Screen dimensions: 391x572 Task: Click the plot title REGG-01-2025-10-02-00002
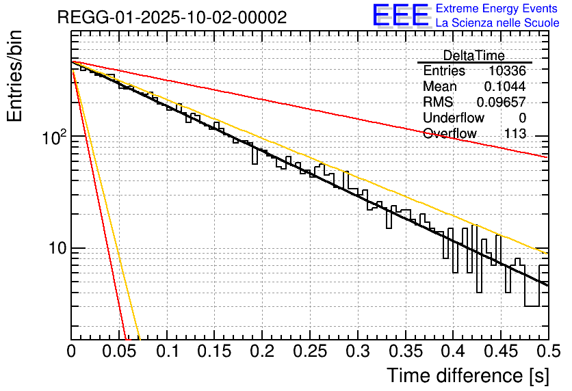point(172,18)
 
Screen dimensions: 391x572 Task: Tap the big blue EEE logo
point(401,15)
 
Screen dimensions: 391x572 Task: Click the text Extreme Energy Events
point(497,9)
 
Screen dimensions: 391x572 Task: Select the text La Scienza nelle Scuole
point(497,23)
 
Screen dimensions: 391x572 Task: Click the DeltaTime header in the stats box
point(474,55)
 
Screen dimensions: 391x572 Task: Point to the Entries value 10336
point(507,71)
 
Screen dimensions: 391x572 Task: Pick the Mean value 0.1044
point(504,87)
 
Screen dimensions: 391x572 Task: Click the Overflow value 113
point(515,134)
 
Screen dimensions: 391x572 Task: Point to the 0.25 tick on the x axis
point(310,352)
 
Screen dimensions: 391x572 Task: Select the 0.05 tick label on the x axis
point(119,352)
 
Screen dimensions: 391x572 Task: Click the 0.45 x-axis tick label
point(501,352)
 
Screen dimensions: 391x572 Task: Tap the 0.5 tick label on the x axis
point(549,352)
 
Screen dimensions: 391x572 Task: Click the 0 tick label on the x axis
point(71,352)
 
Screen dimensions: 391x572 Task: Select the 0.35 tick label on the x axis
point(406,352)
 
